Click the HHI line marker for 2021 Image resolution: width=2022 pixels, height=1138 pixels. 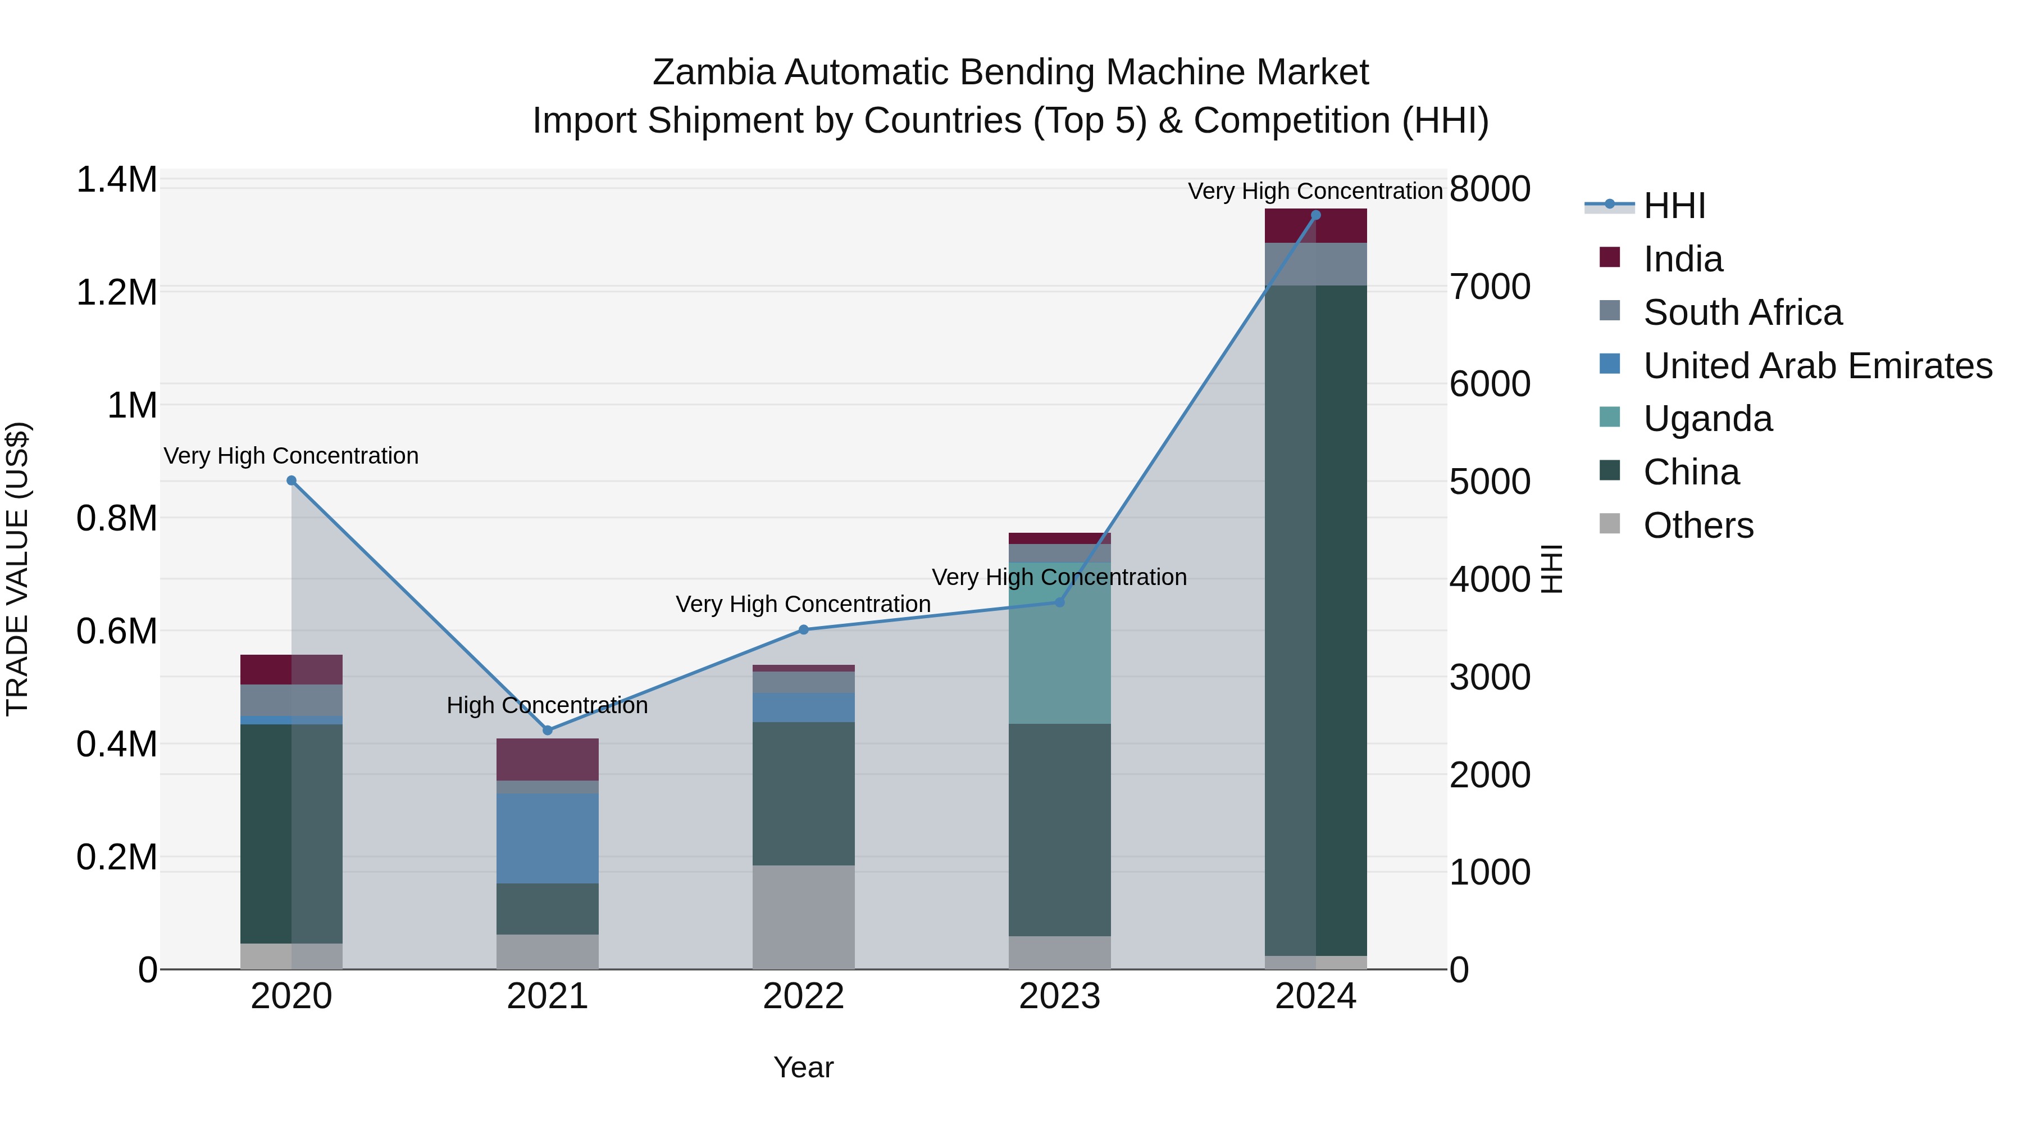547,731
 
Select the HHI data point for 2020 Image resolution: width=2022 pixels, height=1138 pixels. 291,480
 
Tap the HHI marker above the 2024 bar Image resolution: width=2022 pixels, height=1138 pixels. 1315,215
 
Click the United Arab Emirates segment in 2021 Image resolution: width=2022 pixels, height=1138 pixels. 547,838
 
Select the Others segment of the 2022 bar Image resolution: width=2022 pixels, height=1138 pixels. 803,917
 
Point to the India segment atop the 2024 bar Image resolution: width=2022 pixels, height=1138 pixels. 1315,226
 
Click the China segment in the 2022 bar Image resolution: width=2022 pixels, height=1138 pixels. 803,793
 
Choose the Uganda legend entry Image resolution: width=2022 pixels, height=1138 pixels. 1707,419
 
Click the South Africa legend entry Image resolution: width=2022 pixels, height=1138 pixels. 1742,312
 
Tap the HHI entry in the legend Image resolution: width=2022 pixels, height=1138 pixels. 1674,206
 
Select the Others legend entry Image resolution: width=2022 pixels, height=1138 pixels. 1698,525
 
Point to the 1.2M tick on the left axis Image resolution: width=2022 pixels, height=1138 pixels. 116,293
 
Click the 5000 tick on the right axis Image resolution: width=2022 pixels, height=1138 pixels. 1489,482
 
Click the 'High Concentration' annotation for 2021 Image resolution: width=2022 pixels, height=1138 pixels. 547,705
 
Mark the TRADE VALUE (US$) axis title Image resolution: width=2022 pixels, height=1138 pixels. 17,569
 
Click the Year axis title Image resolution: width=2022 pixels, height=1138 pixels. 803,1067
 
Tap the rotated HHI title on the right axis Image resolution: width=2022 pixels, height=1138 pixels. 1552,569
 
